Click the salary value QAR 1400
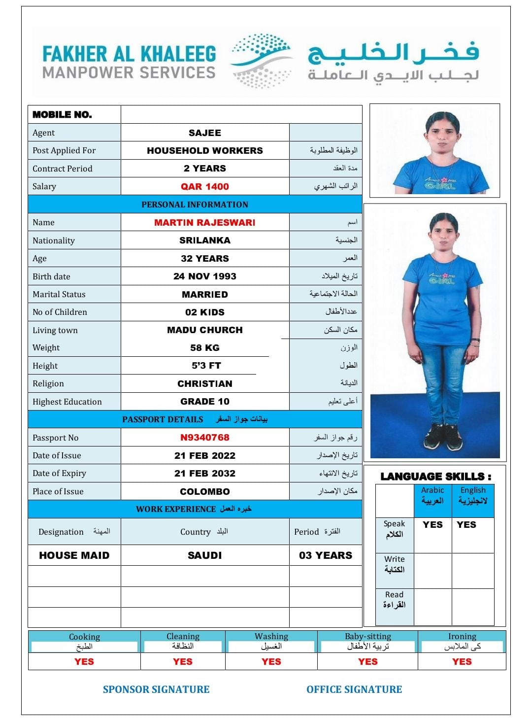coord(204,186)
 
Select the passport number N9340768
coord(204,437)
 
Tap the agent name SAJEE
coord(204,133)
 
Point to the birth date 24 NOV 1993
coord(204,276)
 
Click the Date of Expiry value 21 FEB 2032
coord(204,473)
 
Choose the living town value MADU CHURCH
coord(204,330)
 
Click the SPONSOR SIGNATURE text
coord(156,689)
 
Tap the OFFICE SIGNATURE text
coord(354,689)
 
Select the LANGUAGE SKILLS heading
coord(435,477)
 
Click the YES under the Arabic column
coord(432,525)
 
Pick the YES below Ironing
coord(462,661)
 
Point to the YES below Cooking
coord(84,661)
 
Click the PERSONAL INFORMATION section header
coord(195,205)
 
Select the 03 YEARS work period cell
coord(326,555)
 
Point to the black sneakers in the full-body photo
coord(442,435)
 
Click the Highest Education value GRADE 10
coord(204,401)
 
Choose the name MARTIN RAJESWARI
coord(204,222)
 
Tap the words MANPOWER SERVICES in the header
coord(129,73)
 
